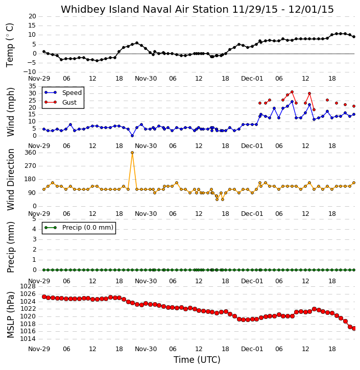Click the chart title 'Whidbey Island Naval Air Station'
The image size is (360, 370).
coord(145,9)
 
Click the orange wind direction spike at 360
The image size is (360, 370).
coord(132,153)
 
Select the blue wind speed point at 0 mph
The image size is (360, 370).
coord(132,136)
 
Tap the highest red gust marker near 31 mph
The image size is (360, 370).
coord(292,92)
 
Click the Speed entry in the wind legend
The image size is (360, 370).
coord(63,92)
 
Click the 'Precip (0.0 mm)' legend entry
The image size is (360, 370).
coord(79,228)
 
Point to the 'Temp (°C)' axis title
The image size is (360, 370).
coord(10,45)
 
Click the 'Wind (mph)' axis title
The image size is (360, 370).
coord(10,112)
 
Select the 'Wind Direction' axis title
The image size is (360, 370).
coord(10,180)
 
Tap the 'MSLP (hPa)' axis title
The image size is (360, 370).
coord(10,314)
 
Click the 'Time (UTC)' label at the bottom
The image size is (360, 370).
coord(197,360)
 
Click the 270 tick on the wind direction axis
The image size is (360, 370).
coord(31,166)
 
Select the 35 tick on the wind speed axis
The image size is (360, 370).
coord(33,86)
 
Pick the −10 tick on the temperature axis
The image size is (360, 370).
coord(30,72)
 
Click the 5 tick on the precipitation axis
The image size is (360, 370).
coord(34,219)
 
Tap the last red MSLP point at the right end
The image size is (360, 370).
coord(354,328)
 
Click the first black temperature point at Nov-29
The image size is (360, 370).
coord(44,52)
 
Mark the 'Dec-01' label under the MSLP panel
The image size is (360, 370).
coord(252,349)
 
